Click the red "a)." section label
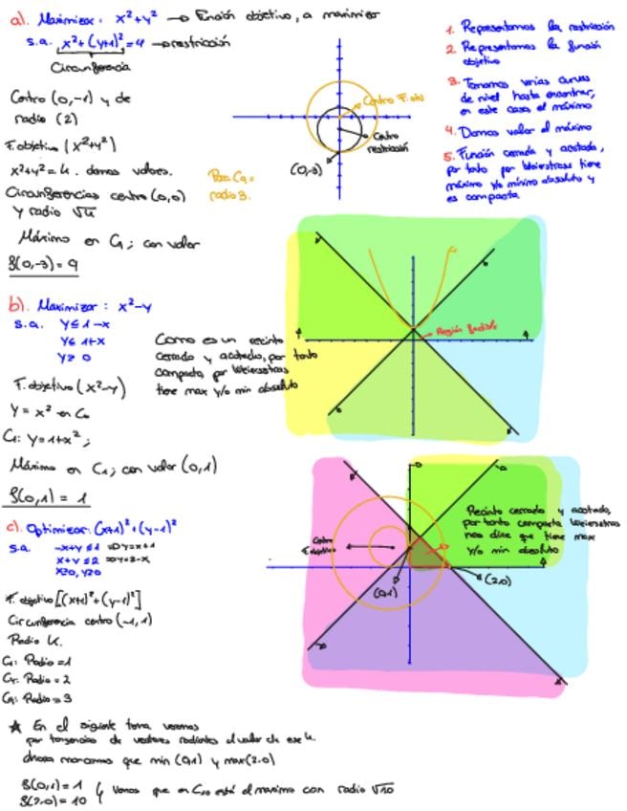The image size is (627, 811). [16, 17]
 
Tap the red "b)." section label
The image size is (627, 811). [17, 307]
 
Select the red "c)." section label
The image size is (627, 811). [15, 526]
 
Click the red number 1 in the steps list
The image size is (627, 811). [449, 28]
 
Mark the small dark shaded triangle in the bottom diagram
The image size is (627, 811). [422, 552]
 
